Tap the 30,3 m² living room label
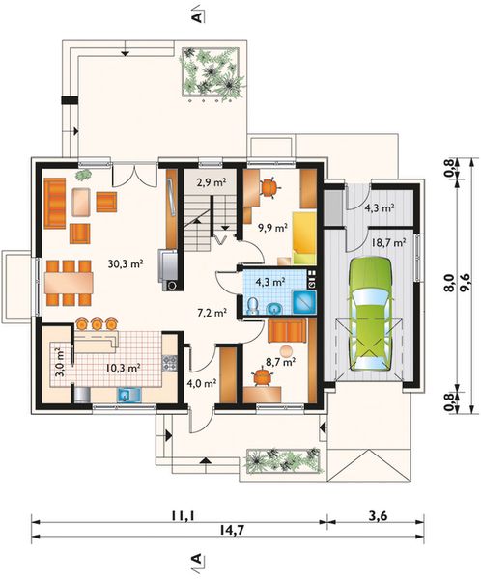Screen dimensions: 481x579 tap(126, 263)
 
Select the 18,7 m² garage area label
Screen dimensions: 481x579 tap(388, 242)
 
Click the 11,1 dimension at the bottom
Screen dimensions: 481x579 tap(182, 516)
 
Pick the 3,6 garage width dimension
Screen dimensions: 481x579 tap(378, 515)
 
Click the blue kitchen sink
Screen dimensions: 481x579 tap(129, 395)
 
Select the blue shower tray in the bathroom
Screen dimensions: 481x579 tap(304, 301)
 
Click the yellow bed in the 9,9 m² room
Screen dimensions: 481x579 tap(304, 238)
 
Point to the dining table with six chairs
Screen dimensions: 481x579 tap(69, 283)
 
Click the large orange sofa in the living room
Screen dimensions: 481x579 tap(55, 203)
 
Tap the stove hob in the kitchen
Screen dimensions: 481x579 tap(169, 363)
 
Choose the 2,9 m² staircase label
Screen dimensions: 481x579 tap(212, 182)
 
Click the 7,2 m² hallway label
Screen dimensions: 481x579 tap(212, 313)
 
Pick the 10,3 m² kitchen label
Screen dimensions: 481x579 tap(124, 368)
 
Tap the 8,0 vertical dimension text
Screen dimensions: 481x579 tap(450, 283)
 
